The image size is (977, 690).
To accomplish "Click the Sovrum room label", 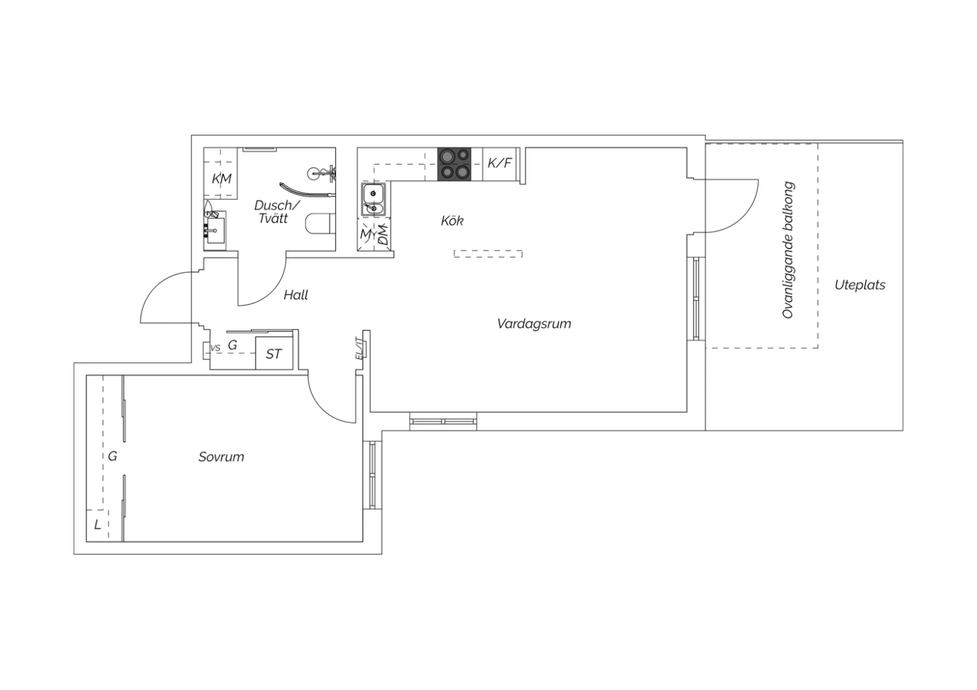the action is click(x=221, y=457).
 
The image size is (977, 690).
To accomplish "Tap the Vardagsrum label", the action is click(x=534, y=324).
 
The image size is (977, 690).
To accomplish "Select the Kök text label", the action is click(x=452, y=221).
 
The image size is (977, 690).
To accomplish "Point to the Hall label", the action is click(x=296, y=295).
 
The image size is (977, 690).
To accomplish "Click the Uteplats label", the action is click(x=860, y=285).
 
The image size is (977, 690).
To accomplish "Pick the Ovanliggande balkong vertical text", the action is click(x=788, y=250).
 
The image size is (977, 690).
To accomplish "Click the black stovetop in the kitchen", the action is click(x=454, y=164).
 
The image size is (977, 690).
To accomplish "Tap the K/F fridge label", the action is click(x=500, y=163).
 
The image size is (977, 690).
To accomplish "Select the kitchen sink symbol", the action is click(x=373, y=199).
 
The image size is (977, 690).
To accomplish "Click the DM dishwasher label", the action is click(x=383, y=234).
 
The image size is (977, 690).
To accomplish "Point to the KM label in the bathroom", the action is click(x=221, y=179).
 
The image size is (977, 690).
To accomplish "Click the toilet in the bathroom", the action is click(x=320, y=224).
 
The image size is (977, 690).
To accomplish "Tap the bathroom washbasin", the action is click(x=215, y=230).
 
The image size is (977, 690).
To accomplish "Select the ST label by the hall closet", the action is click(x=274, y=354).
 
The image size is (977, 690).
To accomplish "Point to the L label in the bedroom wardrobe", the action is click(x=98, y=525).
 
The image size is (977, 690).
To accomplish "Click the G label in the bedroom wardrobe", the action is click(x=113, y=456).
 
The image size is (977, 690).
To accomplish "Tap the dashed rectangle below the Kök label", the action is click(x=488, y=254).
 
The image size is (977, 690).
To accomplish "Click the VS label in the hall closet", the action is click(x=216, y=348).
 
